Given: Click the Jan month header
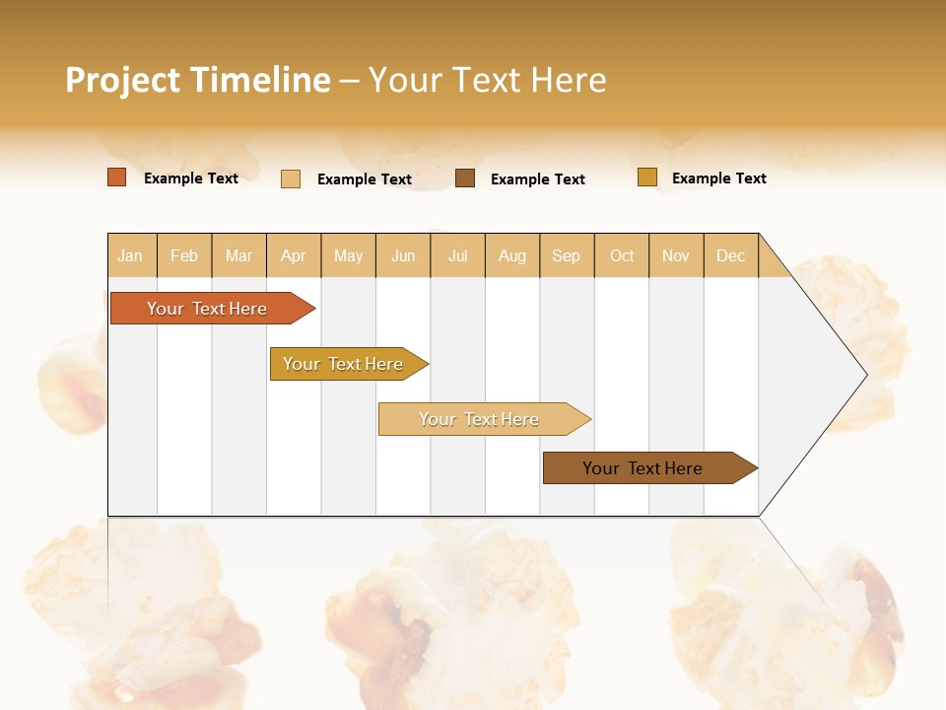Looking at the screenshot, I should tap(130, 255).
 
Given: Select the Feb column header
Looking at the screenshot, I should tap(184, 255).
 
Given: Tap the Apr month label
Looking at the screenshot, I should tap(293, 255).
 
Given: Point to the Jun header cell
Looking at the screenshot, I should tap(403, 255).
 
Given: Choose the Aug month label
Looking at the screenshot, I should tap(511, 255).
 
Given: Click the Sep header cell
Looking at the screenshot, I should tap(566, 255).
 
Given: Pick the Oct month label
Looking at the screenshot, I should tap(622, 255).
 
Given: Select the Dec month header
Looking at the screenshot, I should tap(730, 255).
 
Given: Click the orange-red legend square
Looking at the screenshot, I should tap(117, 177).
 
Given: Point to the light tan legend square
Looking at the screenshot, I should tap(291, 178).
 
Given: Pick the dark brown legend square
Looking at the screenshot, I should tap(465, 177).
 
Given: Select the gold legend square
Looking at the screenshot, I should tap(647, 177).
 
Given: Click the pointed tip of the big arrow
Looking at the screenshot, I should tap(864, 375).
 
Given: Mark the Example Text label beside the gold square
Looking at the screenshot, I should tap(718, 178).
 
